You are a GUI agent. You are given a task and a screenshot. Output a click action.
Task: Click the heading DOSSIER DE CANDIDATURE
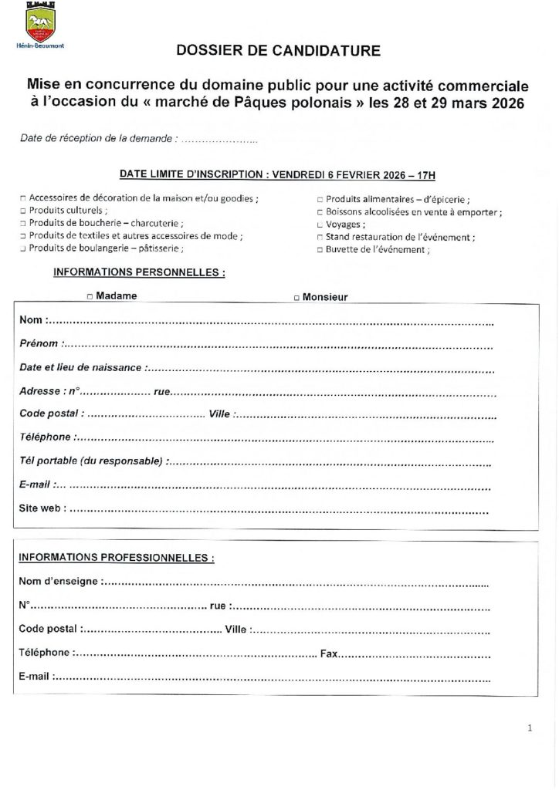coord(278,52)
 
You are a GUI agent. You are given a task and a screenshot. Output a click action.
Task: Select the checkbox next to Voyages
coord(320,224)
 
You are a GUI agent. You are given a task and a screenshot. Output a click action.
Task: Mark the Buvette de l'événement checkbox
coord(320,250)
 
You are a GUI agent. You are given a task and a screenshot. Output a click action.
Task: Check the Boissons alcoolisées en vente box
coord(320,211)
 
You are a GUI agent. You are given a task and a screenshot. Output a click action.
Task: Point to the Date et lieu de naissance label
coord(80,367)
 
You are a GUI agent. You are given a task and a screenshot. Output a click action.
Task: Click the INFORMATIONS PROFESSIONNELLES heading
coord(116,557)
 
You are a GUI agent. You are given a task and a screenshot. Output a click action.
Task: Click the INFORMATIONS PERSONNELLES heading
coord(138,272)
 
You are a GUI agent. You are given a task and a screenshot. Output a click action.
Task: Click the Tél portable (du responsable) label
coord(91,461)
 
